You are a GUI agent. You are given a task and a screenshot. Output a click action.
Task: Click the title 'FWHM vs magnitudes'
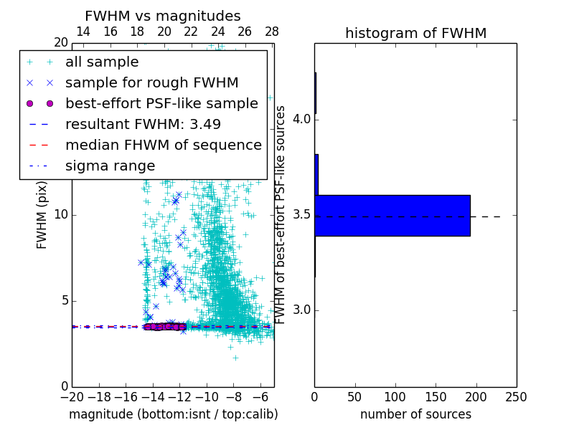point(163,16)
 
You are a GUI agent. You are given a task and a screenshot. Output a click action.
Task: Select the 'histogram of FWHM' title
point(415,33)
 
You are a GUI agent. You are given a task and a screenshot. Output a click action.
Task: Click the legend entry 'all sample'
point(102,62)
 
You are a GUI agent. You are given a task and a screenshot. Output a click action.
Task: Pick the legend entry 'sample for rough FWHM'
point(151,82)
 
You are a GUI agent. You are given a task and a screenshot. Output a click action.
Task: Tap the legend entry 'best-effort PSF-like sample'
point(161,103)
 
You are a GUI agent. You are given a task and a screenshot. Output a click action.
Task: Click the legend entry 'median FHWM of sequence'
point(163,145)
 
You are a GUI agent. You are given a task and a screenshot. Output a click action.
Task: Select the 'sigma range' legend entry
point(110,166)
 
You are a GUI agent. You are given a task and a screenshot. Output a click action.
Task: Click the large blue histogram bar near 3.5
point(392,215)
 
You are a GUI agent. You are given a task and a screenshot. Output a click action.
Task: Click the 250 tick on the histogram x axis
point(517,397)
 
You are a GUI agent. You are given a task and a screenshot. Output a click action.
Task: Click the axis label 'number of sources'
point(415,414)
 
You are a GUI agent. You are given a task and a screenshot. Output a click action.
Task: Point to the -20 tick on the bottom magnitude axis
point(72,397)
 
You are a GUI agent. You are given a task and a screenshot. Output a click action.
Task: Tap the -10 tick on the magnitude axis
point(207,397)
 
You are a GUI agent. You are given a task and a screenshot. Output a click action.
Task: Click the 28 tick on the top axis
point(271,32)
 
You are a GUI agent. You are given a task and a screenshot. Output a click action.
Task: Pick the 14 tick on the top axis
point(83,32)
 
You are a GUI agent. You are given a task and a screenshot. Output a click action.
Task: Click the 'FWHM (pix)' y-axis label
point(42,216)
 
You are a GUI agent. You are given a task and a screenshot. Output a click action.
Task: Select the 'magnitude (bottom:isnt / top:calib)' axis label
point(173,414)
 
